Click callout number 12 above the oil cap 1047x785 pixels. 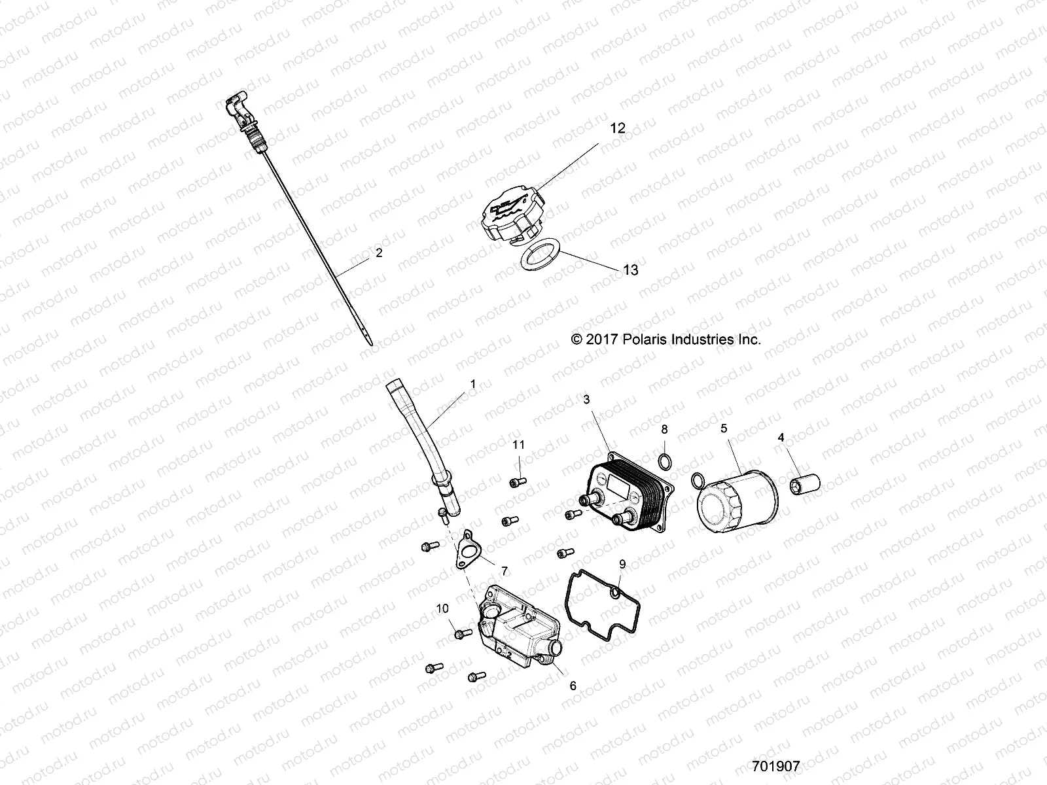click(618, 128)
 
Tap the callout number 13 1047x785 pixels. click(630, 270)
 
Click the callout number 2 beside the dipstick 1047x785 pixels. click(379, 253)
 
